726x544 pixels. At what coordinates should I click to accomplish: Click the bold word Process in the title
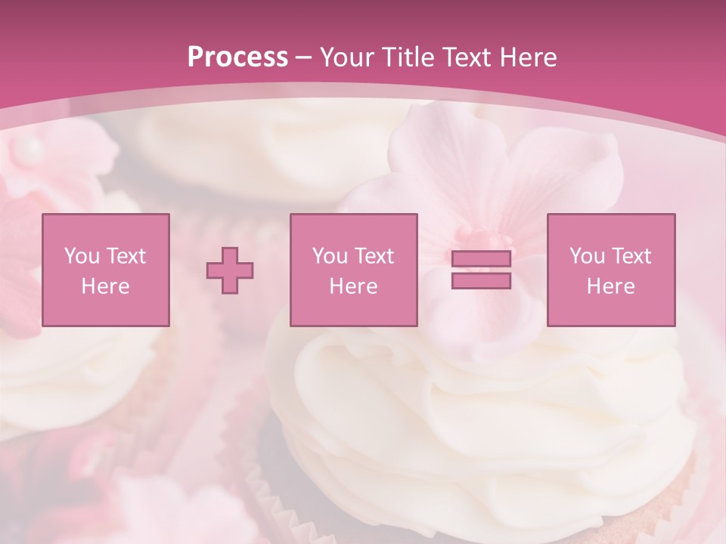coord(237,57)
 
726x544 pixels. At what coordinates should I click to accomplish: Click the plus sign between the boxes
coord(230,270)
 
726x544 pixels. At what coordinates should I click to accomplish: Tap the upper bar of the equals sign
coord(481,259)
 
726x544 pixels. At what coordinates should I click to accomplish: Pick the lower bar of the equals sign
coord(481,280)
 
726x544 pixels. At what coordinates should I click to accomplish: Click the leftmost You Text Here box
coord(105,270)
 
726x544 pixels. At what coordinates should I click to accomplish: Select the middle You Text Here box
coord(353,270)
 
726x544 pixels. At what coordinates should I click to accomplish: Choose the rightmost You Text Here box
coord(611,270)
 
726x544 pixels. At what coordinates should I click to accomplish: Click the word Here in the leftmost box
coord(105,286)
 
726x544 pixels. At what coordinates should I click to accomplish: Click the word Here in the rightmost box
coord(611,286)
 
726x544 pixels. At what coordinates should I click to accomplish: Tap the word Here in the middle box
coord(353,286)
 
